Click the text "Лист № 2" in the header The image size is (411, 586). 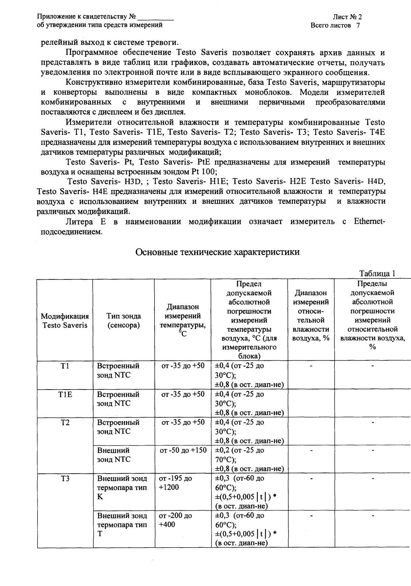point(347,17)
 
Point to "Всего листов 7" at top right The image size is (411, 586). point(335,25)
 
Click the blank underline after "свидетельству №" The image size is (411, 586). point(156,17)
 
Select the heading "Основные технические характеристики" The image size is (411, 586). point(218,252)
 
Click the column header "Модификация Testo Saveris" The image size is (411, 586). point(65,320)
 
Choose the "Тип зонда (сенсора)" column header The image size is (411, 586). point(123,320)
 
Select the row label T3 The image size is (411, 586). point(65,478)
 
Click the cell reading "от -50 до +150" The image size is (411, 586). point(183,450)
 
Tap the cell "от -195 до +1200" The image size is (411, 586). point(175,483)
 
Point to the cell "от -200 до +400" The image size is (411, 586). point(175,520)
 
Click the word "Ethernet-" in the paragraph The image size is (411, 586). point(369,222)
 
